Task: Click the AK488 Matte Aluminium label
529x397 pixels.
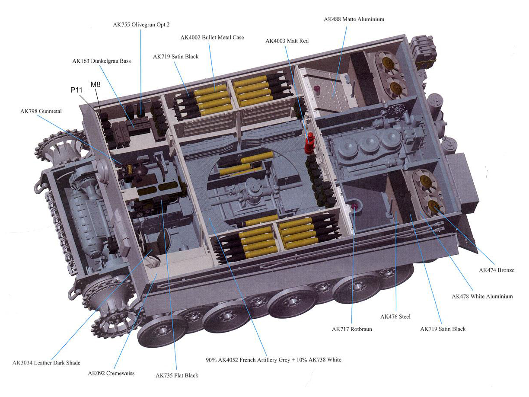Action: point(354,19)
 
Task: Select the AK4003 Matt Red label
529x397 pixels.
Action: point(287,41)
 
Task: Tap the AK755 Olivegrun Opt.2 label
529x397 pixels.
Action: point(141,25)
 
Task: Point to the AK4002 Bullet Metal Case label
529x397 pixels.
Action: point(212,38)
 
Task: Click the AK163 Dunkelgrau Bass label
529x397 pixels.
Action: point(102,61)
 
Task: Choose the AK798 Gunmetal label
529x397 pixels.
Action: point(41,112)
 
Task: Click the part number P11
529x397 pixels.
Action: point(76,90)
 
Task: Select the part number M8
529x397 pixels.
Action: point(96,84)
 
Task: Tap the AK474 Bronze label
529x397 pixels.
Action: point(497,270)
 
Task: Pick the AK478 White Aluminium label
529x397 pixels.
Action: point(482,296)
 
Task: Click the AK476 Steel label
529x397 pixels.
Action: point(395,317)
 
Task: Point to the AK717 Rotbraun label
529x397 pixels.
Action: point(352,329)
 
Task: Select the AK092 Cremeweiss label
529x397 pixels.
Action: point(111,373)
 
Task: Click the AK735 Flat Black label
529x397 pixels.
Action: point(177,375)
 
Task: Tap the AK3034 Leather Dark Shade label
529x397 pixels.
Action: point(46,363)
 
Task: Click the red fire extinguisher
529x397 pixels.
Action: point(309,143)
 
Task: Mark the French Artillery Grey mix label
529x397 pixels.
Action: point(274,360)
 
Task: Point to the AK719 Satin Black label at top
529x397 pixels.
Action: point(176,57)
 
